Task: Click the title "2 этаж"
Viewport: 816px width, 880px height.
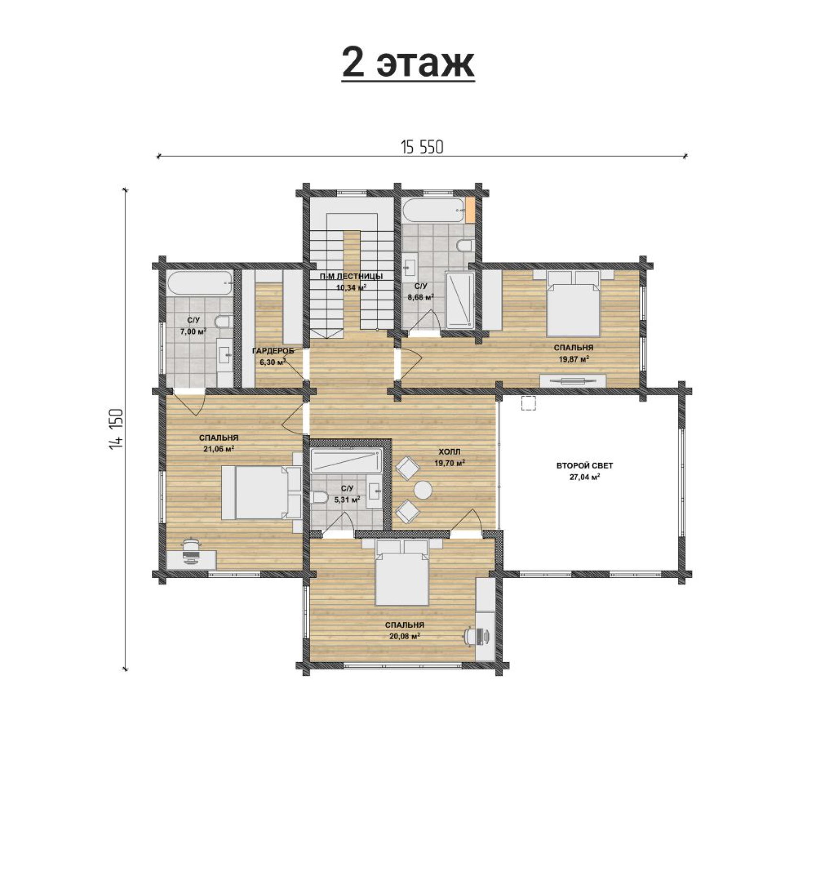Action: coord(408,63)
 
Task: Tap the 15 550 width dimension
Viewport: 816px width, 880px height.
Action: coord(422,148)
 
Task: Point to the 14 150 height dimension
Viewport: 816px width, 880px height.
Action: coord(116,429)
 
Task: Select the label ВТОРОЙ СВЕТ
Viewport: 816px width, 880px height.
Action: coord(584,465)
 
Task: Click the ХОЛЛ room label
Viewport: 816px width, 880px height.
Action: coord(450,452)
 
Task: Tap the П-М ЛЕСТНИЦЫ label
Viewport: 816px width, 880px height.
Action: coord(351,276)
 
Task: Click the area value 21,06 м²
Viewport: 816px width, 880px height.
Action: coord(218,449)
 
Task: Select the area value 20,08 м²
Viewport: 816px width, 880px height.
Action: coord(405,636)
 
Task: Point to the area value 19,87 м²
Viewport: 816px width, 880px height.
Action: coord(573,359)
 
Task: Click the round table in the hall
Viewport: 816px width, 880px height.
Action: coord(423,490)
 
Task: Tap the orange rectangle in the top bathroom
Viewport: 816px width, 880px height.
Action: coord(470,209)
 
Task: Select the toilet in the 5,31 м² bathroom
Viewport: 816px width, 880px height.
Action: coord(318,497)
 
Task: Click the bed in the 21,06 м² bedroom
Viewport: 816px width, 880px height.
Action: coord(261,493)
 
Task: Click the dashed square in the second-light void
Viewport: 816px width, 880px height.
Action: coord(528,403)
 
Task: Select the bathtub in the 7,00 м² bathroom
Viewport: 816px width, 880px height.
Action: coord(200,284)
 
